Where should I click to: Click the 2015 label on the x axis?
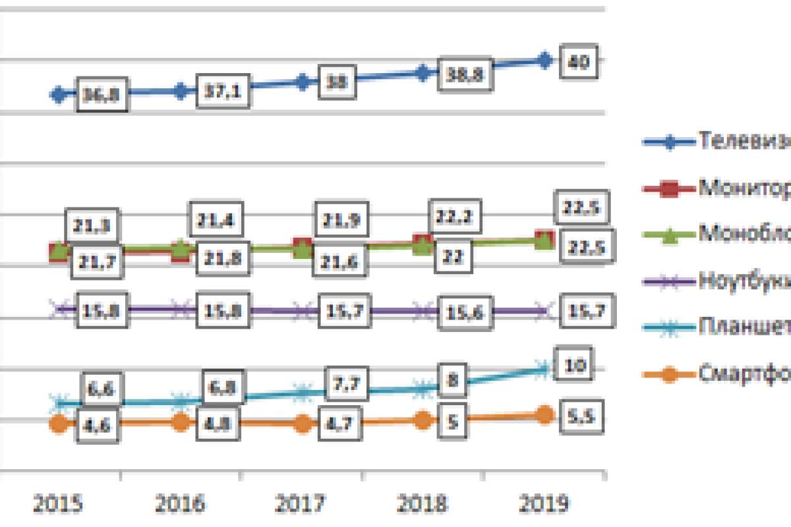(58, 505)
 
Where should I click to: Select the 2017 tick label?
(301, 505)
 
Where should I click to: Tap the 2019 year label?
(544, 505)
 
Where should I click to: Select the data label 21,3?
(88, 226)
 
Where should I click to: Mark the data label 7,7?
(346, 383)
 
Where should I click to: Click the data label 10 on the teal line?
(571, 364)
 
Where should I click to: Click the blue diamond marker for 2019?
(544, 60)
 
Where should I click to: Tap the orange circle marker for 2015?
(59, 424)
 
